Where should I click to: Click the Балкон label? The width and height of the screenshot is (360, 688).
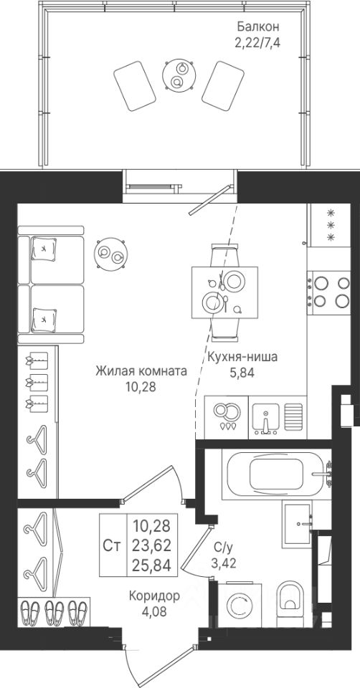tap(257, 27)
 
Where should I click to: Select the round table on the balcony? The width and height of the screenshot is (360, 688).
tap(179, 75)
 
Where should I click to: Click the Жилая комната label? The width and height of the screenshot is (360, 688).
tap(141, 371)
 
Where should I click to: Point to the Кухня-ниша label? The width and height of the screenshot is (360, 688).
tap(242, 357)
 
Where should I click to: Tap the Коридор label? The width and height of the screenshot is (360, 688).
tap(154, 596)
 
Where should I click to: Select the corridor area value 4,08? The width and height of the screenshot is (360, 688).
tap(154, 611)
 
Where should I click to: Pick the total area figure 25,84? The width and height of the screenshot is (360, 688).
tap(152, 565)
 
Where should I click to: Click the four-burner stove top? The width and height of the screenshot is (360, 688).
tap(329, 292)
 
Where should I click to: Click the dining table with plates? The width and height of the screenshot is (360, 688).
tap(224, 292)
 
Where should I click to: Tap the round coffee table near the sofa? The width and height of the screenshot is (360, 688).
tap(111, 254)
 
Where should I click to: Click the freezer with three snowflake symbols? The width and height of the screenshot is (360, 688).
tap(330, 225)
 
